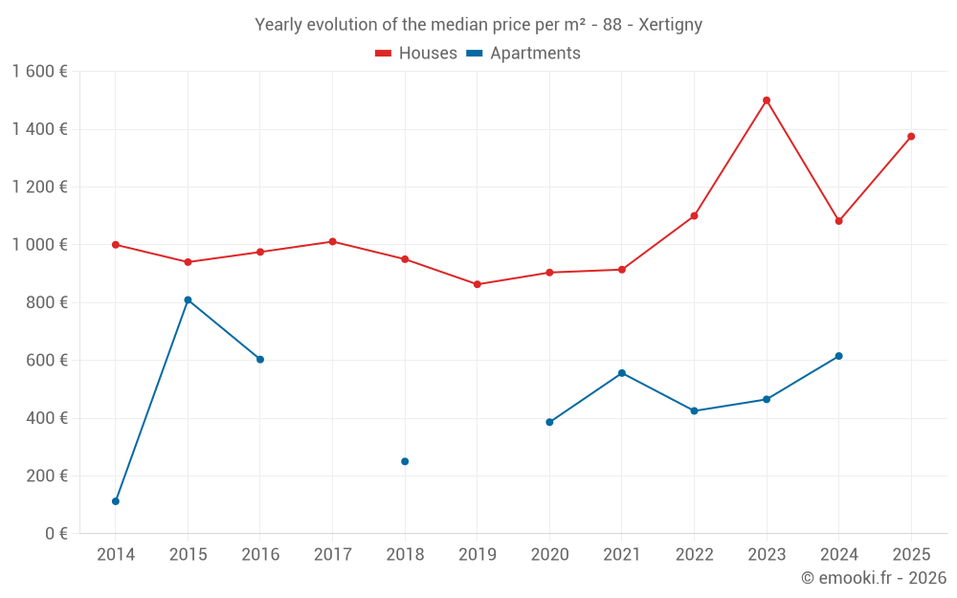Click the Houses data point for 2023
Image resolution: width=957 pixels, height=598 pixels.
coord(767,100)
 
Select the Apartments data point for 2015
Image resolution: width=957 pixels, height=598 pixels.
coord(188,300)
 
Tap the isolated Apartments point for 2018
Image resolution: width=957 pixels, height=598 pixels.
coord(405,461)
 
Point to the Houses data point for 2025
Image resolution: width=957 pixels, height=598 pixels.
coord(911,137)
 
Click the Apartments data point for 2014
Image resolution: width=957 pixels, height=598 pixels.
coord(116,501)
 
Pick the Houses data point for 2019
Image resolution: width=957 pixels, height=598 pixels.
coord(478,284)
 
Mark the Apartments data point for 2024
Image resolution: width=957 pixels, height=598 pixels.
coord(839,356)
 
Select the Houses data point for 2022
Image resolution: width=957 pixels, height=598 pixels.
coord(694,216)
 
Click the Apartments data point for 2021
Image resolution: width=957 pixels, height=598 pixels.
coord(622,373)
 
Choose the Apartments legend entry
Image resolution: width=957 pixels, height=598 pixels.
coord(534,54)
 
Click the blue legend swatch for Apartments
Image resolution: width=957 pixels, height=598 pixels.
coord(474,54)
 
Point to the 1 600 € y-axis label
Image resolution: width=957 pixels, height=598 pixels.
coord(39,72)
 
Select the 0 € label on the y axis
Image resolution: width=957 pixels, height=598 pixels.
coord(56,533)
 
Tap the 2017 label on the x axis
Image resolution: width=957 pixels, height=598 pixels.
coord(332,555)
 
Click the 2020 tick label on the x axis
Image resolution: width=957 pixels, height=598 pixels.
coord(549,555)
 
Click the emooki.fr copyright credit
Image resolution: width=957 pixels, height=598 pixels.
coord(874,578)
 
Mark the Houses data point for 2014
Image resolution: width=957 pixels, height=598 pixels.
coord(116,245)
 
